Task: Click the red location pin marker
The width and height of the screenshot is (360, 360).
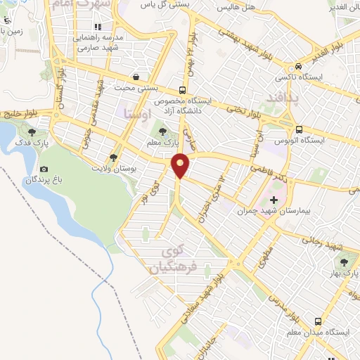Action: pos(181,165)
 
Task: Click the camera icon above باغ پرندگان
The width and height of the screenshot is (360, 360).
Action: pos(44,169)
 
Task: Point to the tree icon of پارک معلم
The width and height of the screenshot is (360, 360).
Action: pos(163,130)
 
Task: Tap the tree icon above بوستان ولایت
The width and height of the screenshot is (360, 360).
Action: pos(114,158)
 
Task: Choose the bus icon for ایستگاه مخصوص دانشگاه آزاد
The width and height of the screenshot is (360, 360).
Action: pos(183,90)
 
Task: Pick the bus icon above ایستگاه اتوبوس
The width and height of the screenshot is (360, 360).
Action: pos(300,129)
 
